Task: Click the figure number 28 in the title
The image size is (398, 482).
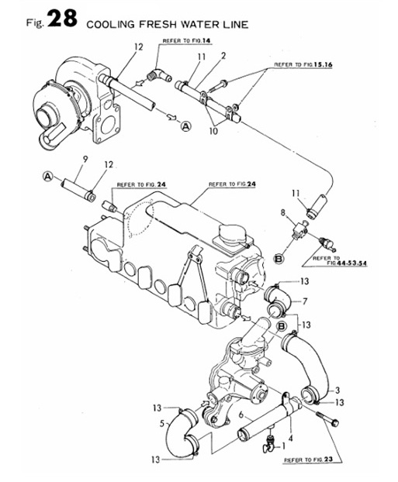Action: pos(62,19)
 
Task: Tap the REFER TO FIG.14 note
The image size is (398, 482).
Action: pos(188,41)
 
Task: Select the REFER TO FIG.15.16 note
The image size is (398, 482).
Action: pos(303,65)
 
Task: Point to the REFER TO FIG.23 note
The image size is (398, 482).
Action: pos(308,460)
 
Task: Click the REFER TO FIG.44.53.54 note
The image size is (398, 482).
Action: pos(339,261)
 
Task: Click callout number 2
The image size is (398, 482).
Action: pos(223,56)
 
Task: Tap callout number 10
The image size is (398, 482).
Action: pos(213,131)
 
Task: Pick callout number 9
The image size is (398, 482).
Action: pos(85,159)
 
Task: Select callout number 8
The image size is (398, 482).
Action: pos(283,212)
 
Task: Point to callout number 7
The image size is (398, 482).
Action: pos(305,301)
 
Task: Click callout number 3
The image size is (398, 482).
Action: pos(337,390)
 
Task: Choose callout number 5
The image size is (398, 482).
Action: pos(162,423)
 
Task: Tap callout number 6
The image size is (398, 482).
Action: pos(241,415)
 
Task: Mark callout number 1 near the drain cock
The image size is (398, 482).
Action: pos(283,446)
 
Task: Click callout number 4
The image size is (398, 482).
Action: pos(291,438)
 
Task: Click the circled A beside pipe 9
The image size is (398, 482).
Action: pos(47,177)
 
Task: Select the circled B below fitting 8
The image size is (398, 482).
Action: pos(279,259)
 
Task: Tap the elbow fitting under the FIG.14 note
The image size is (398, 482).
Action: pos(159,74)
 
